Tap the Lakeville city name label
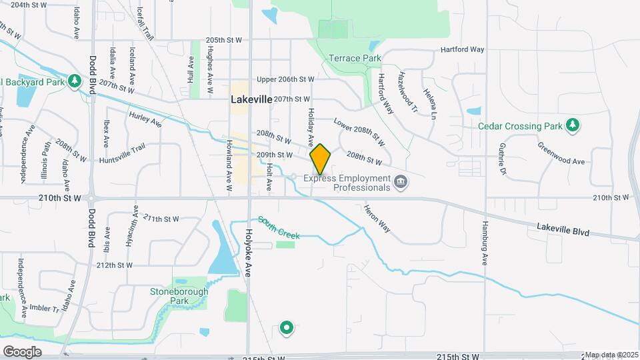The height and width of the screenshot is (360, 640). tap(251, 99)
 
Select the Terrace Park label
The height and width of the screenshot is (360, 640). tap(355, 59)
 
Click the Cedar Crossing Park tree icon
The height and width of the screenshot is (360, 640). tap(571, 125)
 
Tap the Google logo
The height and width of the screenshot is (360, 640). tap(22, 351)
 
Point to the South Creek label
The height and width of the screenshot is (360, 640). tap(279, 228)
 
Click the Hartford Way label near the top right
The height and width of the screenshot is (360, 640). tap(462, 50)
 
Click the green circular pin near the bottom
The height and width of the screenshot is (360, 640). tap(287, 327)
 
